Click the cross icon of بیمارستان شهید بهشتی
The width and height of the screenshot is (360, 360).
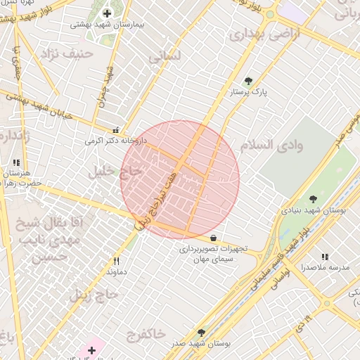[x=107, y=13]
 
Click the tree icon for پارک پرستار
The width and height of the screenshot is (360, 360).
[x=248, y=80]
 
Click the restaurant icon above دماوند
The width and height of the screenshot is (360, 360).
[x=116, y=261]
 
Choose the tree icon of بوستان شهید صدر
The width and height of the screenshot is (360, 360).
[x=202, y=333]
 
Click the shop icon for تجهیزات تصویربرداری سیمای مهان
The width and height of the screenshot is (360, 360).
[x=212, y=237]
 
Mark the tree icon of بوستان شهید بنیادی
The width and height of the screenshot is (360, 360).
[x=313, y=199]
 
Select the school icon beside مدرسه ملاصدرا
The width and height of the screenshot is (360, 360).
[x=325, y=257]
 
